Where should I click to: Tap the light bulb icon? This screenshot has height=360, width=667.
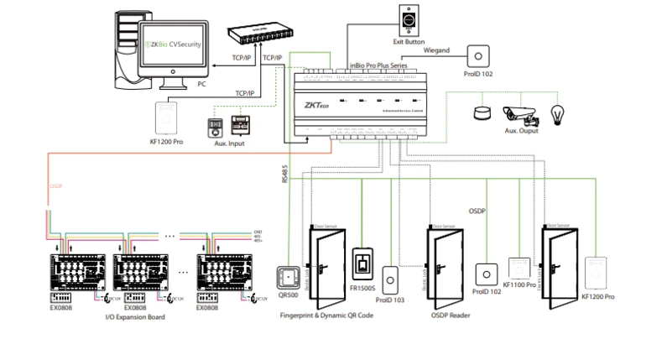point(555,113)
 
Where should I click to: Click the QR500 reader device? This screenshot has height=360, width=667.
point(288,277)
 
